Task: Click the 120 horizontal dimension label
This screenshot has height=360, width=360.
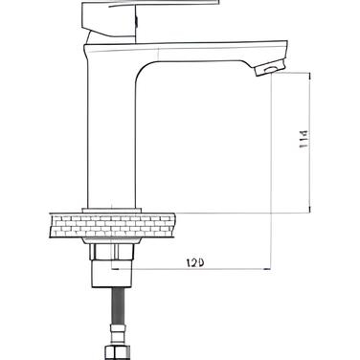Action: point(195,263)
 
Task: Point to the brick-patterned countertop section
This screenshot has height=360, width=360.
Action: point(112,226)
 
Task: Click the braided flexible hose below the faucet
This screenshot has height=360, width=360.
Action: point(117,305)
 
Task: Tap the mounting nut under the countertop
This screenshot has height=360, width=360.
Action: point(112,252)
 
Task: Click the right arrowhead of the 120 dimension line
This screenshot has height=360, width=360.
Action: point(267,269)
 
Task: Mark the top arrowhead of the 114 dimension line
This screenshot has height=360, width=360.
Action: point(309,77)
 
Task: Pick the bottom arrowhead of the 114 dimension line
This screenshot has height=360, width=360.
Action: point(309,209)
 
